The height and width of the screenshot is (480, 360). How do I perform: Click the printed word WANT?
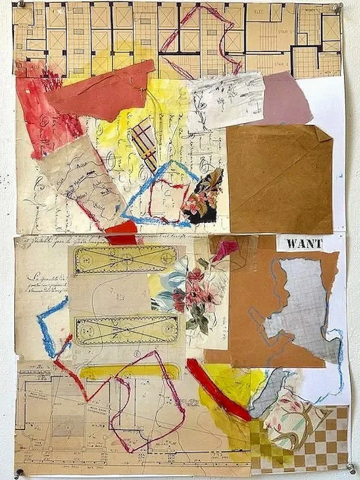click(x=304, y=244)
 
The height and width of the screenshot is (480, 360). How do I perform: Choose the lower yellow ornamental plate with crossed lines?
click(x=124, y=330)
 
